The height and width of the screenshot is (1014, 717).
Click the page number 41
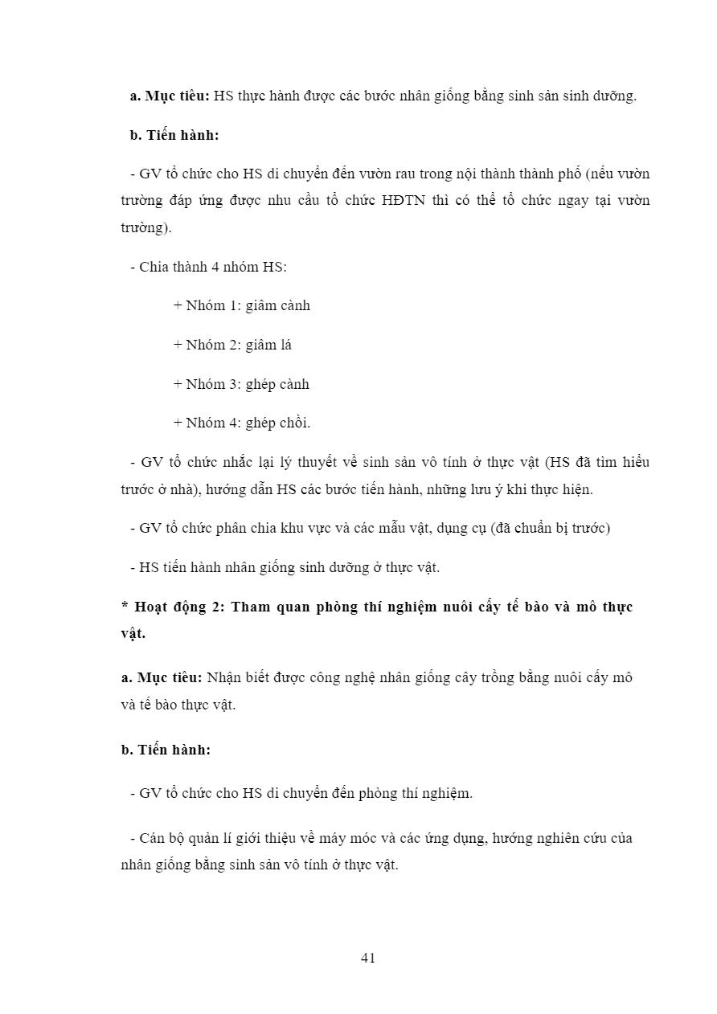(369, 958)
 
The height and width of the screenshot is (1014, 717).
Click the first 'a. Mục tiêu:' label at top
(170, 96)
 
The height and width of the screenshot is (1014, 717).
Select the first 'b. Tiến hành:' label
(174, 135)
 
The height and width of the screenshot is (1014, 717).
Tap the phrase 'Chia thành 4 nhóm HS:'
(212, 267)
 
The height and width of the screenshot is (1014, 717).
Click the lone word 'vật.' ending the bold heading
(133, 633)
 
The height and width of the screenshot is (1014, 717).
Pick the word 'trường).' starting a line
(146, 227)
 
